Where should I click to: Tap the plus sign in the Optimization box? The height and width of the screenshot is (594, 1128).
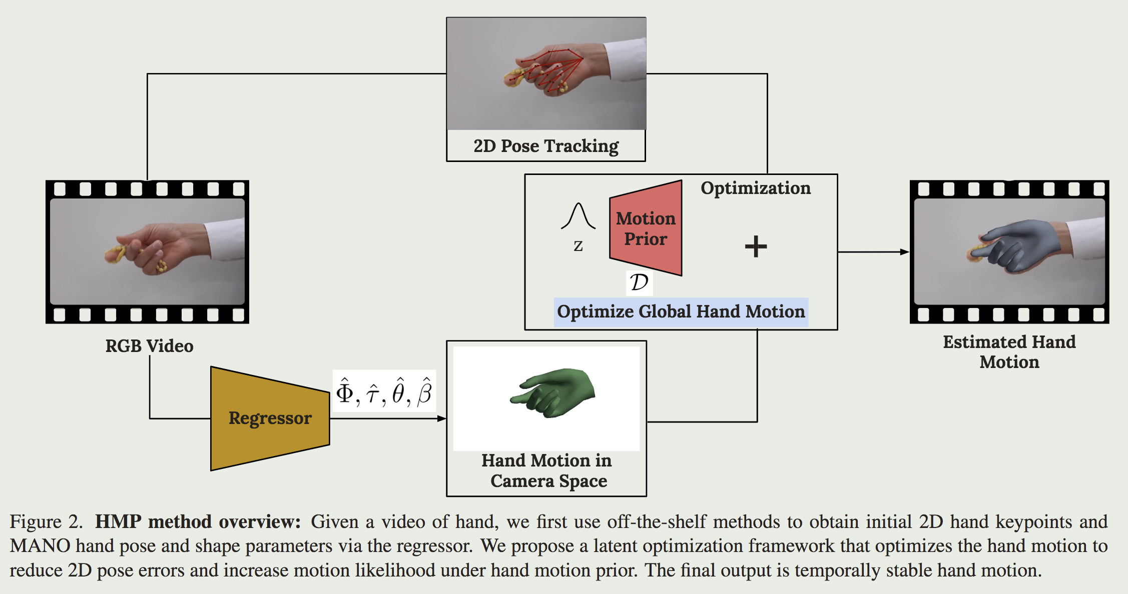tap(756, 246)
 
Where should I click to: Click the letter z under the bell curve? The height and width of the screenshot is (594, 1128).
tap(578, 245)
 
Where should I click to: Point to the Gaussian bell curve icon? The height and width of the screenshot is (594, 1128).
tap(579, 216)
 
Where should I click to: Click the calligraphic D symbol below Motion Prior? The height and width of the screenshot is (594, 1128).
tap(639, 282)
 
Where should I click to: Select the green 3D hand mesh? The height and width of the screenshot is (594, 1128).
tap(552, 392)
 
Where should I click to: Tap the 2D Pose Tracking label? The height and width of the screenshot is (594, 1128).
tap(546, 146)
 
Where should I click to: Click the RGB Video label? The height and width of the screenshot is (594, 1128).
tap(149, 346)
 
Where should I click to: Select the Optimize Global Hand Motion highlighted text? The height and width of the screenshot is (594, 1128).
tap(681, 312)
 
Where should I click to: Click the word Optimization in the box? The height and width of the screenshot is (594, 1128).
tap(755, 188)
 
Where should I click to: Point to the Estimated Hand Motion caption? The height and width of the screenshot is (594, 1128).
tap(1009, 351)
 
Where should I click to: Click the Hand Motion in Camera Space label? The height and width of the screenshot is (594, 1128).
tap(546, 470)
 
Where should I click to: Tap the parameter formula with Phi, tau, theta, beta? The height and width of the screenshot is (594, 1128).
tap(384, 391)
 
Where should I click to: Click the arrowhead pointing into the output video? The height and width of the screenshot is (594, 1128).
tap(904, 252)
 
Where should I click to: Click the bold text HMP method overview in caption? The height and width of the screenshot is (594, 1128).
tap(198, 521)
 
